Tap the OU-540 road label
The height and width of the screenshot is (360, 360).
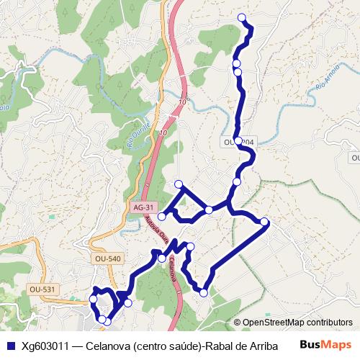coord(107,258)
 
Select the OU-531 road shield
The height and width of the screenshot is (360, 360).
coord(42,289)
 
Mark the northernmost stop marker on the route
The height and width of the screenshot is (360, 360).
coord(241,17)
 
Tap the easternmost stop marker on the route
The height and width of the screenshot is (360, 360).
coord(265,222)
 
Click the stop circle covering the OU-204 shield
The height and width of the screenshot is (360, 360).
coord(238,141)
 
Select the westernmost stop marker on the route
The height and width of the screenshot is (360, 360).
coord(93,299)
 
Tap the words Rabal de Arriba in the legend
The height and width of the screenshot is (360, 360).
coord(242,344)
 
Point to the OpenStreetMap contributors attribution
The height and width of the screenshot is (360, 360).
coord(297,323)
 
